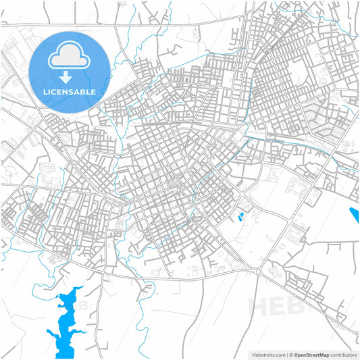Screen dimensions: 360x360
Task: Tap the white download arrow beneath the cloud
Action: pos(65,76)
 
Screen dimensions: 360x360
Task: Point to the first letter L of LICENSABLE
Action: pos(45,91)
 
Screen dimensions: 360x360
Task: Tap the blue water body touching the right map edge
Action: pos(355,217)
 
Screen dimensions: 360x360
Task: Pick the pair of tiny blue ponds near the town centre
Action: pos(241,217)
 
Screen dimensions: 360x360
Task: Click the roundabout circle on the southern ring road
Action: pos(257,271)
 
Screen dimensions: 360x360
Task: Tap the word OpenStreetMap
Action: pos(309,354)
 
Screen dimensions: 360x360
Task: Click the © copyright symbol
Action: pos(289,354)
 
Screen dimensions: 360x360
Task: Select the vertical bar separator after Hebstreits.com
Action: pos(284,354)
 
